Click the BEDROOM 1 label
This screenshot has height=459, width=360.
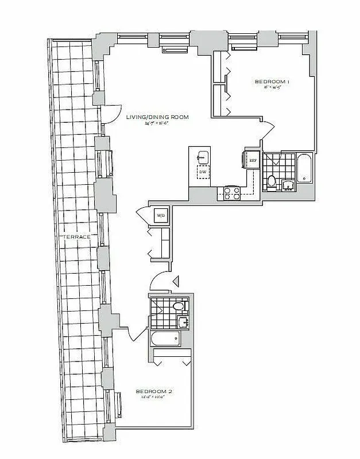(272, 82)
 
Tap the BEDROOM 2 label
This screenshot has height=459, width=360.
(154, 392)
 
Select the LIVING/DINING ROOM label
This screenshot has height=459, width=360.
(157, 117)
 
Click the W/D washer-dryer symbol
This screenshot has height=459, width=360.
(161, 216)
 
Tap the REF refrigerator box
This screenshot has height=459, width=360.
(252, 161)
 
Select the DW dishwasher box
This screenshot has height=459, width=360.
(202, 172)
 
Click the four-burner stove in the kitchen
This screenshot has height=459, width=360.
(231, 193)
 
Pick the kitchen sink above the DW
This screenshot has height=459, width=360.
(202, 156)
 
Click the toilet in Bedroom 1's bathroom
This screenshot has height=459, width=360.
(272, 181)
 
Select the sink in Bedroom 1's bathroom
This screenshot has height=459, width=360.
(288, 185)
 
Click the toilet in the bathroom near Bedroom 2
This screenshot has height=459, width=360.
(180, 306)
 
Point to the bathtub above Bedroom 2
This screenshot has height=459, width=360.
(168, 340)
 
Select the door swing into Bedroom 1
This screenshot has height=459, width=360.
(266, 130)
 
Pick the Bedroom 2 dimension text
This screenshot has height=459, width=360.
(154, 398)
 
